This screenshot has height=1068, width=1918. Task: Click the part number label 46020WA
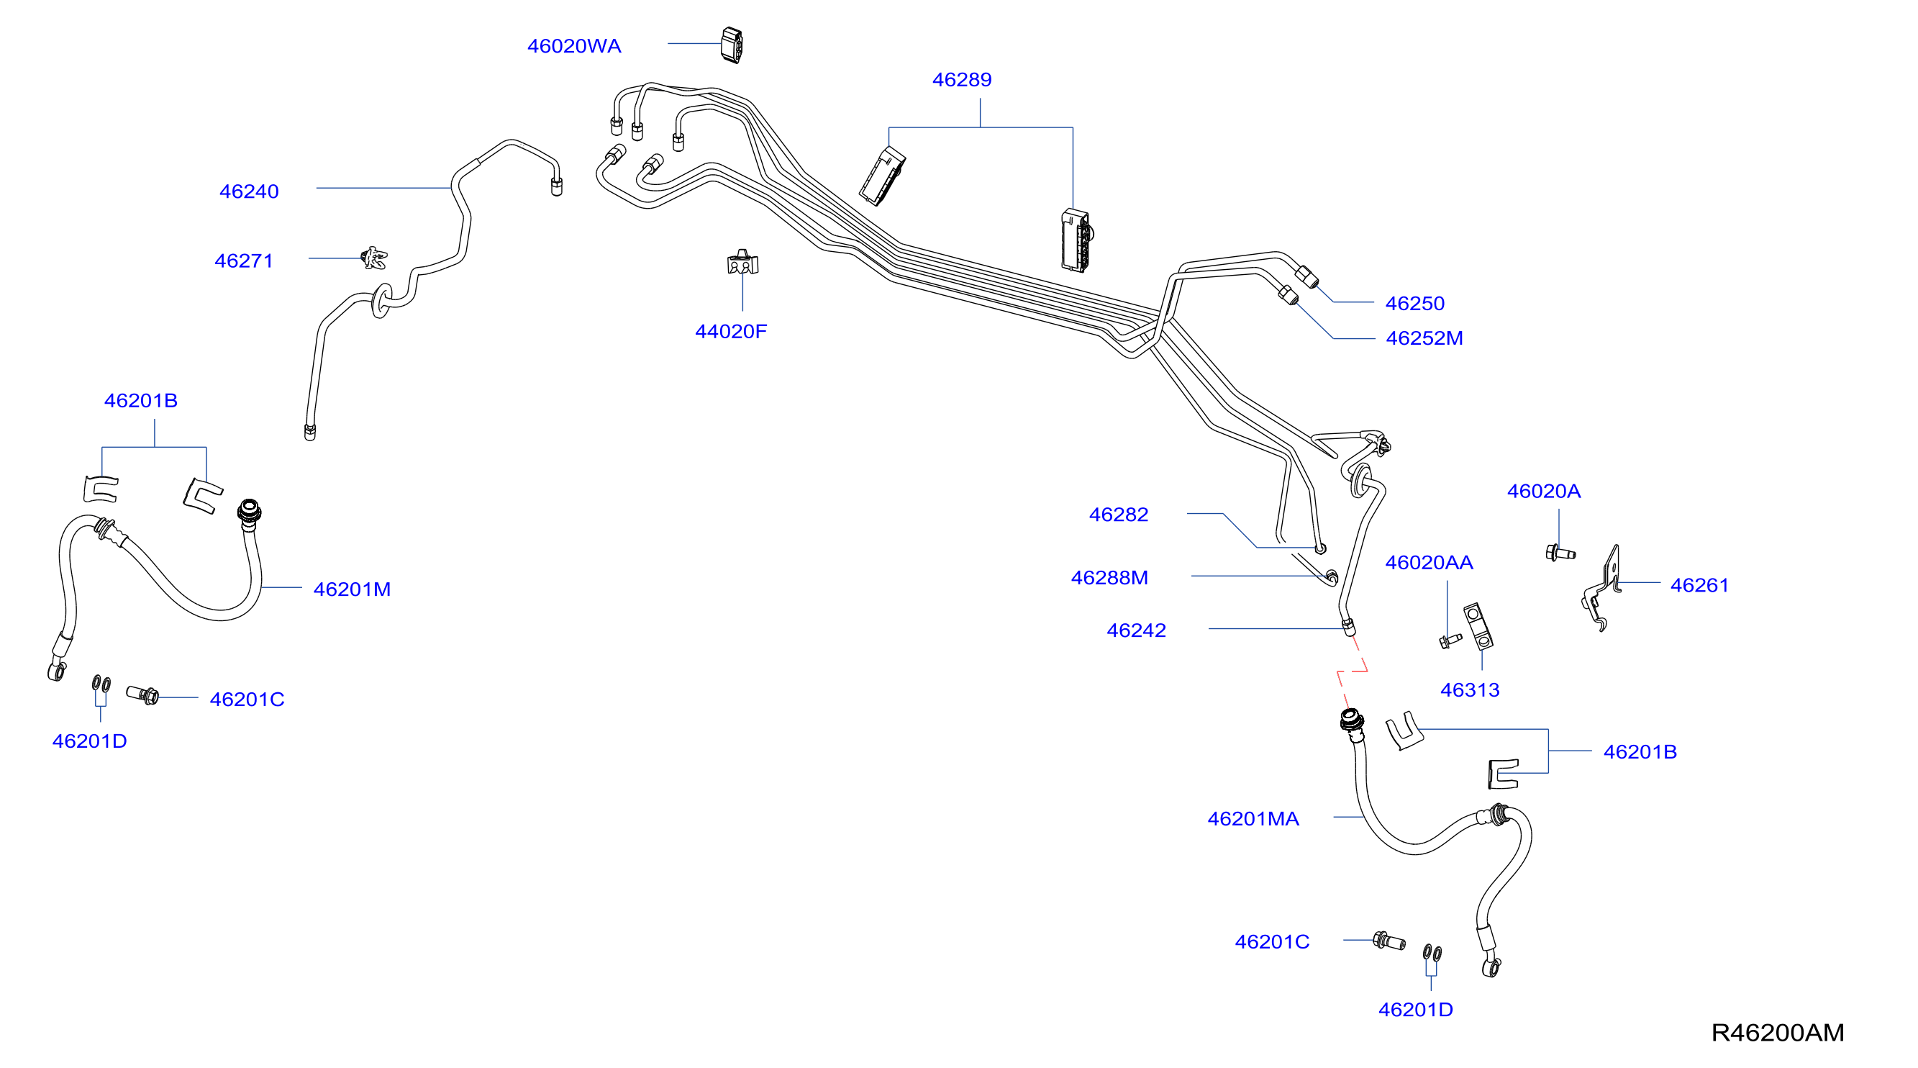coord(574,46)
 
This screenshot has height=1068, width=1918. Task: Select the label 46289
coord(962,80)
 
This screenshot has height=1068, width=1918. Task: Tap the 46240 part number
coord(249,191)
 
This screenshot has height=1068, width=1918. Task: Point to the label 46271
coord(243,261)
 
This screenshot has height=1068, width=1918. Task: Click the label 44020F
coord(730,332)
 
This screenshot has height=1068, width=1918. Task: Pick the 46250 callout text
coord(1414,303)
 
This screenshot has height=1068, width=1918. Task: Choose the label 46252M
coord(1424,338)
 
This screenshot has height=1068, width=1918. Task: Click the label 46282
coord(1118,515)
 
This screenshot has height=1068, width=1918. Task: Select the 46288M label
coord(1109,578)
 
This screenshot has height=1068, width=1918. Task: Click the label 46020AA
coord(1429,563)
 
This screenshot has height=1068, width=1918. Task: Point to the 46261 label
coord(1699,585)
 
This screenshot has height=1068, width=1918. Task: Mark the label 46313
coord(1470,690)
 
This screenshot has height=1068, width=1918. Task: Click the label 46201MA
coord(1253,819)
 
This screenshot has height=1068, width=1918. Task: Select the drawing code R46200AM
coord(1777,1033)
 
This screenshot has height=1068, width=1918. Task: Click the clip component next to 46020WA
coord(732,45)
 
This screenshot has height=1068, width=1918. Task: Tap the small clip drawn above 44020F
coord(742,262)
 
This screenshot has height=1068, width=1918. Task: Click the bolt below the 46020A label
coord(1560,553)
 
